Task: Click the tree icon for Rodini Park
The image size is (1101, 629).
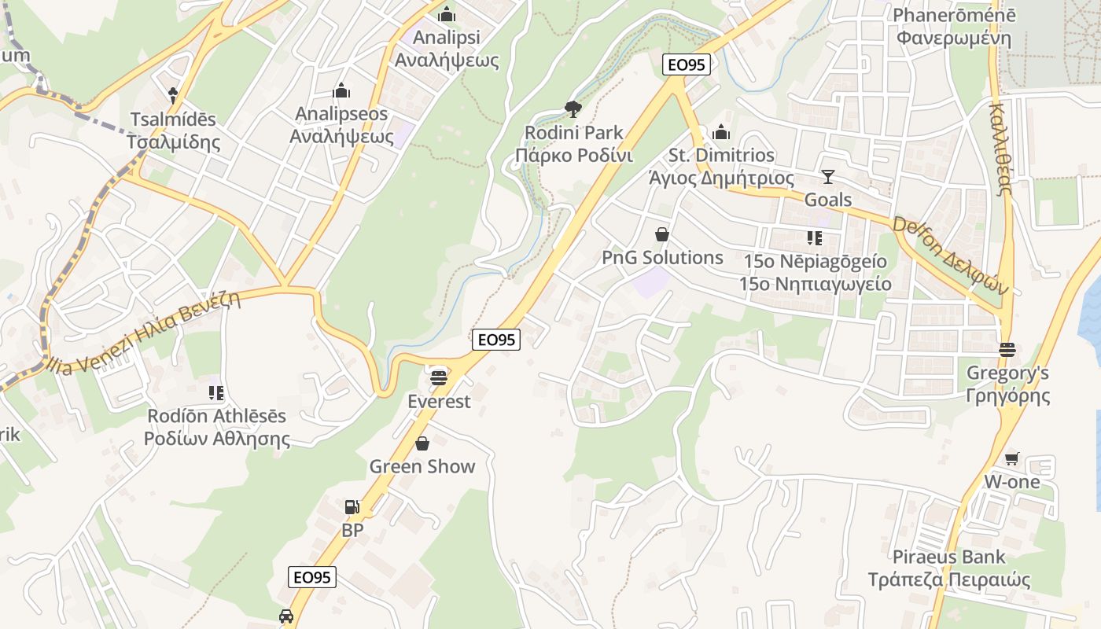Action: [573, 109]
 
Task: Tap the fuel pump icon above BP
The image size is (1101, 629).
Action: [352, 507]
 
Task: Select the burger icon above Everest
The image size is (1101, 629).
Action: [439, 377]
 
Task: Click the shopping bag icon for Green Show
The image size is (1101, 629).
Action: [422, 443]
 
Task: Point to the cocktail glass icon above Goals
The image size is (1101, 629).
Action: [827, 176]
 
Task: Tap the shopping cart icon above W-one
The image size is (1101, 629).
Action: [1012, 458]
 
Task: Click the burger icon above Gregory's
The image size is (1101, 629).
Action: [1007, 349]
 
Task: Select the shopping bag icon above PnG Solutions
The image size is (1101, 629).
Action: [662, 234]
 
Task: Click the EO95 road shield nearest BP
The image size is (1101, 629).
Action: [311, 577]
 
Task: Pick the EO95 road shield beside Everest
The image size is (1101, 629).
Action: [497, 340]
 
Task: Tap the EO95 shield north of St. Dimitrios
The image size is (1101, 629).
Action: [686, 64]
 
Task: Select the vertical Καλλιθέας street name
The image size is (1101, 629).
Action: [1000, 149]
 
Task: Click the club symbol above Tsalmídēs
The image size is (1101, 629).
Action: [173, 96]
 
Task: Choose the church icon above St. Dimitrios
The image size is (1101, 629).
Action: [721, 132]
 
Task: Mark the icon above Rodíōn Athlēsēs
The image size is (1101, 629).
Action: [216, 392]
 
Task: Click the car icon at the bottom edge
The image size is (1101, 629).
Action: [286, 616]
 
